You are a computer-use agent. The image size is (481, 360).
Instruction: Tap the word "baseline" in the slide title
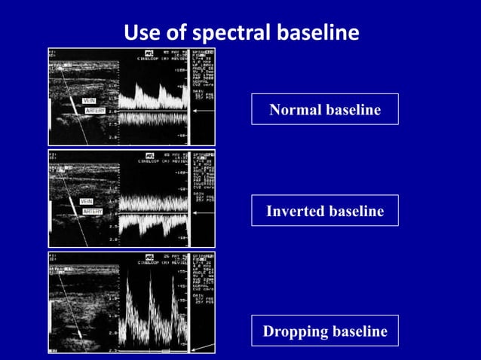click(315, 33)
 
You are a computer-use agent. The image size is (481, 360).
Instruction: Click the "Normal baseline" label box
click(325, 109)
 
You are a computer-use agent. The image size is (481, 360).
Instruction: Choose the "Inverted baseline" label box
click(325, 211)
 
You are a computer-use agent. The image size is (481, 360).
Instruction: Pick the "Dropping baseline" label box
click(325, 331)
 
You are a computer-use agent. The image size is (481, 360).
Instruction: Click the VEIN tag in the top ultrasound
click(89, 101)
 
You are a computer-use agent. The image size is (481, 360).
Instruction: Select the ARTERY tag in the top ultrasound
click(94, 111)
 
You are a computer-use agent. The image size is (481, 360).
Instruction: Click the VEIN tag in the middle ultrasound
click(87, 201)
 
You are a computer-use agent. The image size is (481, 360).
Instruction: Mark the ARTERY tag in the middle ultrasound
click(92, 212)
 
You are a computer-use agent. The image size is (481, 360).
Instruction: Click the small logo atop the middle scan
click(149, 154)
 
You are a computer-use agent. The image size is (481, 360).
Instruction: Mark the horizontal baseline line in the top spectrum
click(155, 110)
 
